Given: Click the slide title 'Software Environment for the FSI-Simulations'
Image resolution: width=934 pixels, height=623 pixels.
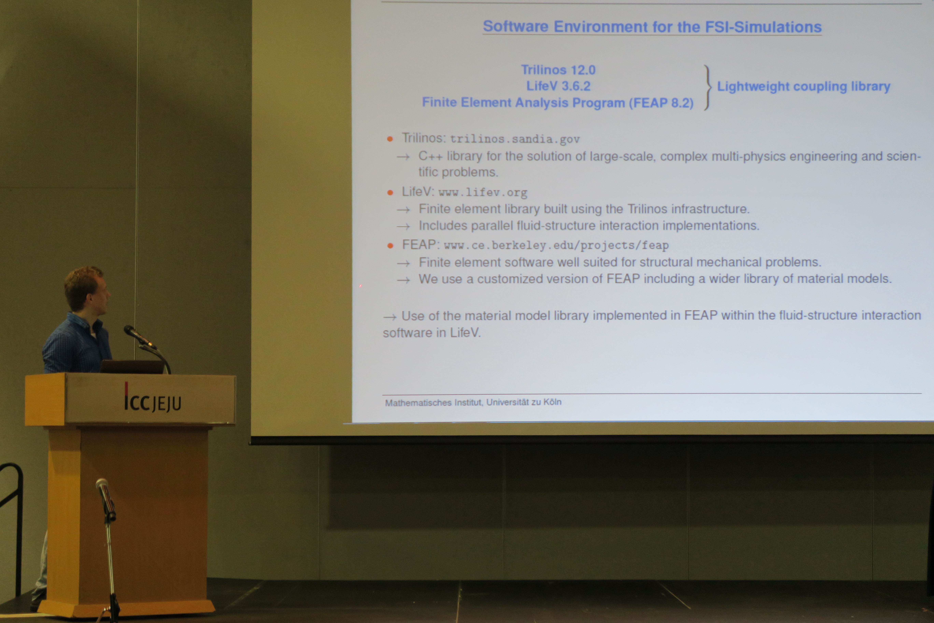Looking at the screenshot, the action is [x=652, y=27].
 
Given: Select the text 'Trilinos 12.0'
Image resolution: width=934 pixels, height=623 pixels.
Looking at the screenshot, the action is [x=558, y=70].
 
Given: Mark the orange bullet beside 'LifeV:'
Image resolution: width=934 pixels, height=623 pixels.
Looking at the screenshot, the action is [x=390, y=193].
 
